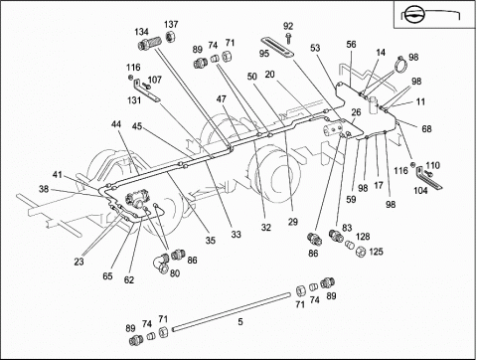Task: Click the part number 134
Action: (x=141, y=32)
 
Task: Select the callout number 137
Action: (x=171, y=24)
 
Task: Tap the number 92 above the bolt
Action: (x=288, y=26)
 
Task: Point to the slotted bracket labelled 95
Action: (x=278, y=48)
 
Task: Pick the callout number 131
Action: (x=134, y=100)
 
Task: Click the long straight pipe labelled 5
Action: (x=232, y=311)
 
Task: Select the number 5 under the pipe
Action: (x=240, y=321)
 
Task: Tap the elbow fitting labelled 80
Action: (x=162, y=264)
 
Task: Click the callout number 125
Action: (x=376, y=252)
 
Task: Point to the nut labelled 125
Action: (x=360, y=252)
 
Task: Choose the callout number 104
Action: (x=420, y=191)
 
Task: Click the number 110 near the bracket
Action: (x=432, y=165)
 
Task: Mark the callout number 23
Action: (x=79, y=262)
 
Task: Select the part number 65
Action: (x=107, y=275)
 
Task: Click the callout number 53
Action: (x=315, y=48)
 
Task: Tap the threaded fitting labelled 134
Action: (x=149, y=44)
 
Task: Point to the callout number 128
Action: (x=363, y=237)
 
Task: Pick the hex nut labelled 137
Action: (x=170, y=36)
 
